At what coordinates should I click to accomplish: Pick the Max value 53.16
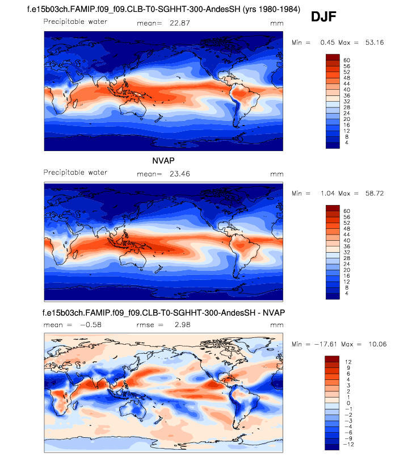pyautogui.click(x=372, y=43)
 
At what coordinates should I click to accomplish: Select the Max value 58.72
pyautogui.click(x=372, y=193)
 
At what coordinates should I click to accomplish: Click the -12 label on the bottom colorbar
pyautogui.click(x=348, y=444)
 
